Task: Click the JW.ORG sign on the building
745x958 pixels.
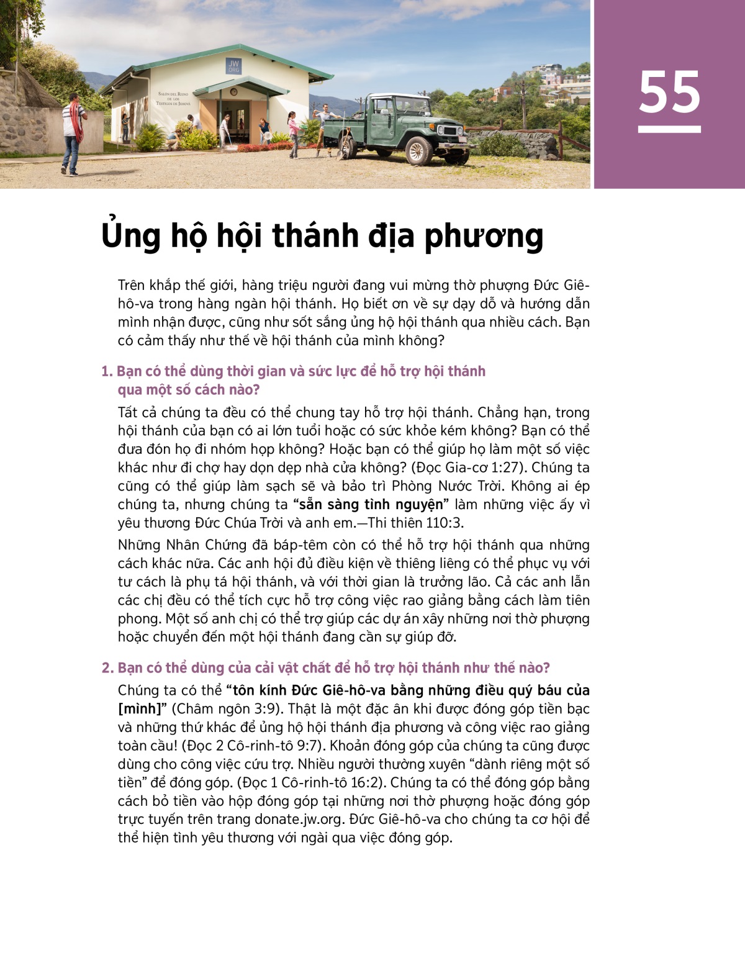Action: (233, 66)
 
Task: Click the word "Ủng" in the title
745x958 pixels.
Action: (129, 237)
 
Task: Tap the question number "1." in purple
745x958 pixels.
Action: (107, 371)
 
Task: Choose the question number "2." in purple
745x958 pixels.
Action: (108, 668)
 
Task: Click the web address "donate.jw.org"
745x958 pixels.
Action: (298, 820)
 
